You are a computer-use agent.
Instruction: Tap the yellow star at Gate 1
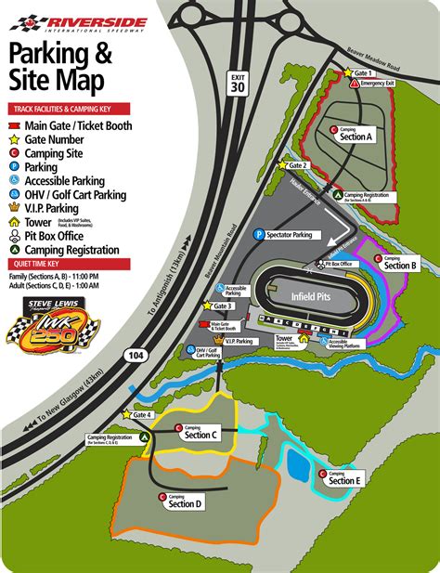[349, 72]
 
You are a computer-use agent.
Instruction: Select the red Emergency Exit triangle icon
[355, 84]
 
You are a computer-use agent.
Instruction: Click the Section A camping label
[356, 135]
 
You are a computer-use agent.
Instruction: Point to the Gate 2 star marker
[283, 164]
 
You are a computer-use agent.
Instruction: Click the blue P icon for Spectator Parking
[260, 236]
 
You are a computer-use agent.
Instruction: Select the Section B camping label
[400, 265]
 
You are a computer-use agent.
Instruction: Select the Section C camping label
[200, 433]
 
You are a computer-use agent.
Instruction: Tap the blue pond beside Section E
[298, 462]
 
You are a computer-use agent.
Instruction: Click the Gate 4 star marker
[126, 415]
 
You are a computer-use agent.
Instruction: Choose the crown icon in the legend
[13, 208]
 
